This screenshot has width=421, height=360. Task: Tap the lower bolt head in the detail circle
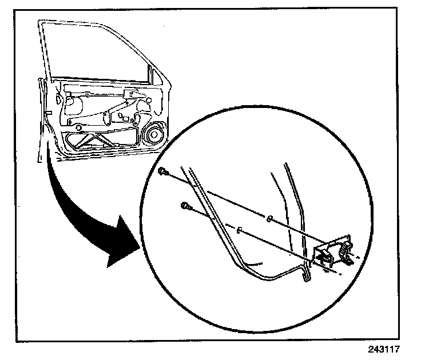click(185, 206)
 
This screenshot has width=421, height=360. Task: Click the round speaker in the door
click(153, 137)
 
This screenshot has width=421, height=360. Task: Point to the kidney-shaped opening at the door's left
click(73, 105)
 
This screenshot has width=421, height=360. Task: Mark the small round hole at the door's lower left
click(69, 123)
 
